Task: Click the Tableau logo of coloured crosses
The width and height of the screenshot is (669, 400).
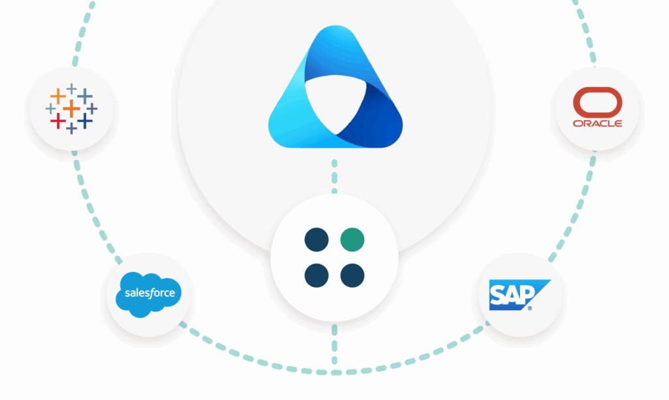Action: click(71, 108)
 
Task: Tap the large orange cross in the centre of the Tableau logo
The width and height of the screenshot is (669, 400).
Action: click(71, 108)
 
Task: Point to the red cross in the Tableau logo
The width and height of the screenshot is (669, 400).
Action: click(57, 121)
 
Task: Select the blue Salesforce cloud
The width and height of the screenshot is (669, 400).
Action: click(150, 293)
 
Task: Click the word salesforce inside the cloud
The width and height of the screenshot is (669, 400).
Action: click(150, 293)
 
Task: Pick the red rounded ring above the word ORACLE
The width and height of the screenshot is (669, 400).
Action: click(597, 103)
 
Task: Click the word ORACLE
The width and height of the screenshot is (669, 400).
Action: click(597, 124)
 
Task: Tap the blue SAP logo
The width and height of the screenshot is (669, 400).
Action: click(519, 295)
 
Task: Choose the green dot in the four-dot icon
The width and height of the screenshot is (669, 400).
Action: click(351, 240)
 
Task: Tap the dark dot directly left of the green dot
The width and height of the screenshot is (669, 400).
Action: click(316, 240)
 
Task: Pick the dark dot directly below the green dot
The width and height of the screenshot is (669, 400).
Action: click(351, 275)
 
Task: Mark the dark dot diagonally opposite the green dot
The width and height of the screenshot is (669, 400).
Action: click(316, 275)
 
